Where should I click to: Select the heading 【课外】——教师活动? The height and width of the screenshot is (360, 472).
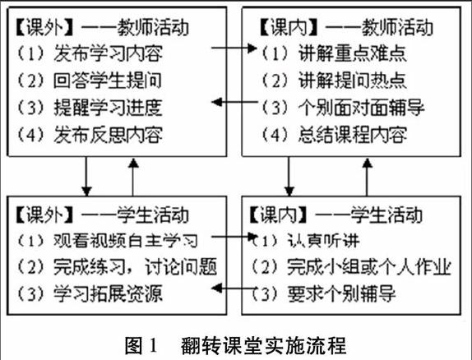click(102, 28)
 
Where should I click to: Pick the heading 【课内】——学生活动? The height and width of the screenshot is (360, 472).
click(336, 215)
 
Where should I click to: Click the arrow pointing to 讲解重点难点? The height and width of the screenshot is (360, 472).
click(234, 48)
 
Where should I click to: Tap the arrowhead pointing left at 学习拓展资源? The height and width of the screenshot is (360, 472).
click(217, 288)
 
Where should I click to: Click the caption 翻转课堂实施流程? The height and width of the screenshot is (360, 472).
click(263, 345)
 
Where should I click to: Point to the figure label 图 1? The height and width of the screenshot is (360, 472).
click(141, 345)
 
